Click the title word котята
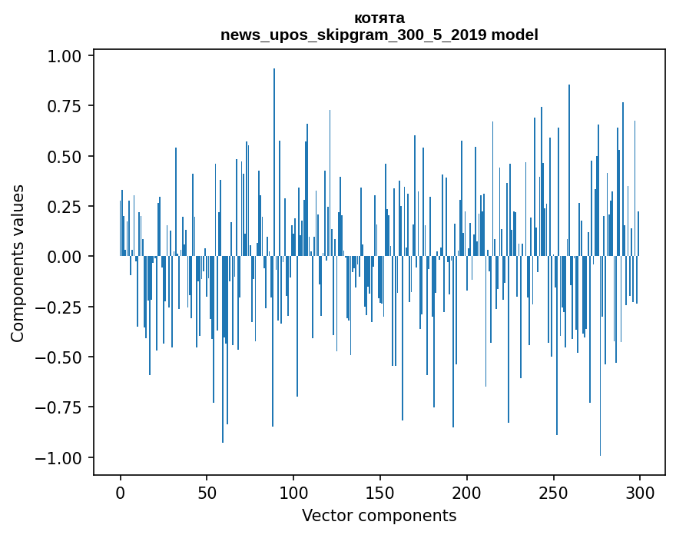coord(379,18)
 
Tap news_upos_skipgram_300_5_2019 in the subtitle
coord(354,35)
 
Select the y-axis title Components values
coord(17,263)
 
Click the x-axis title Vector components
coord(379,515)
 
